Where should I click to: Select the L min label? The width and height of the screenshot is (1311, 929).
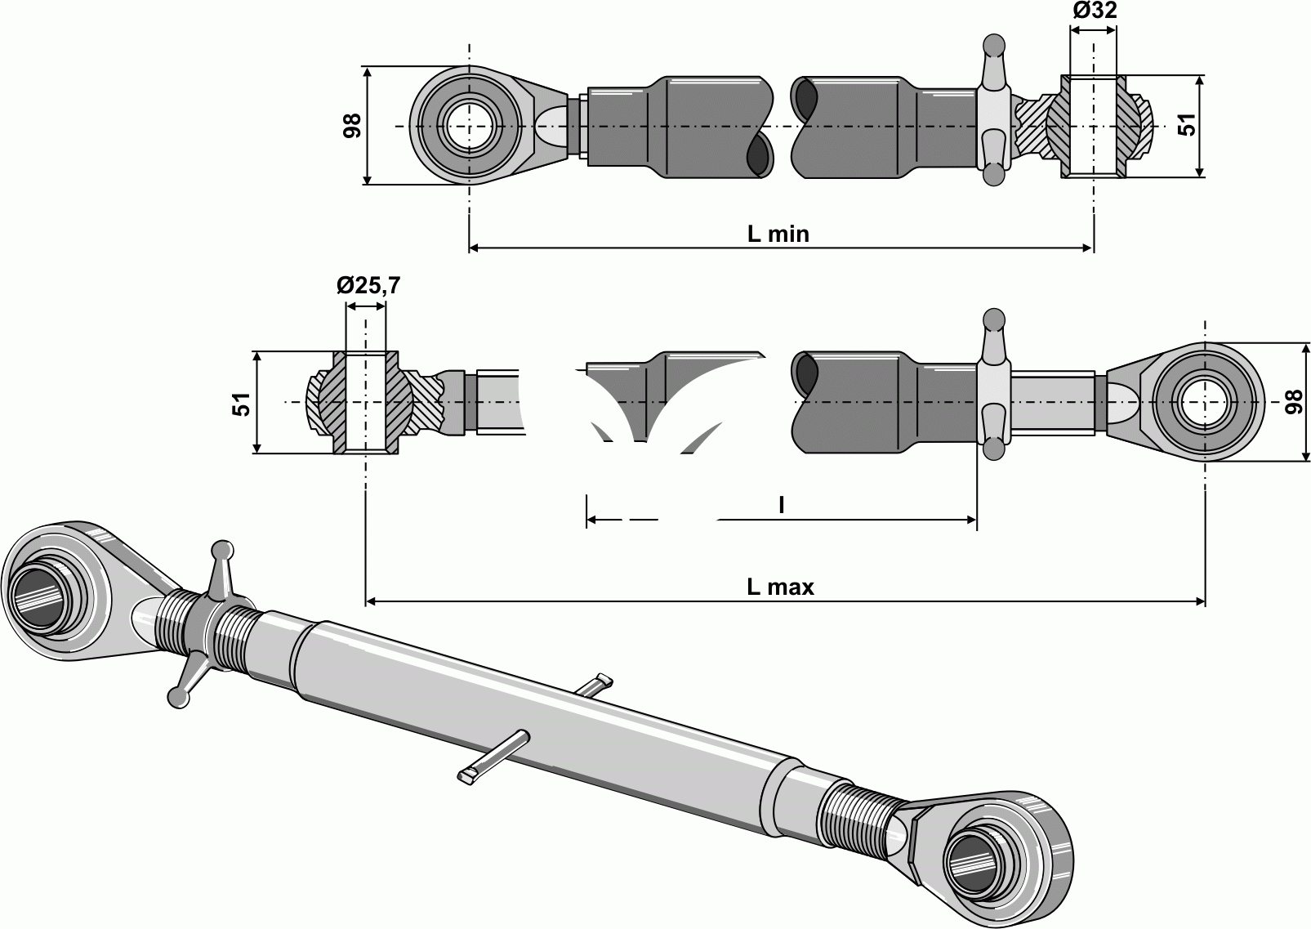[778, 234]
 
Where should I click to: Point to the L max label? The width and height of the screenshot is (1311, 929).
[780, 586]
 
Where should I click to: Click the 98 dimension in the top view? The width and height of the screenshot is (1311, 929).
[352, 126]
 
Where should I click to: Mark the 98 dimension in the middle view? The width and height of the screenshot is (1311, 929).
[1292, 402]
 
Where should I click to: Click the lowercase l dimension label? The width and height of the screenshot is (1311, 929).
[781, 507]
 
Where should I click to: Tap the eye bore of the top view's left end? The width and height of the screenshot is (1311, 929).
[469, 126]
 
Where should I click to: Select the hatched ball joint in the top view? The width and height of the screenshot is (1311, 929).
[1094, 127]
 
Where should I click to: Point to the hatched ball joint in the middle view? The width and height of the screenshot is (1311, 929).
[365, 402]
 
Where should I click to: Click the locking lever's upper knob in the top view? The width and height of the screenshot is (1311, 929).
[993, 42]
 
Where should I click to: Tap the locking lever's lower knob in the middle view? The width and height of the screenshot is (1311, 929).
[993, 449]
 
